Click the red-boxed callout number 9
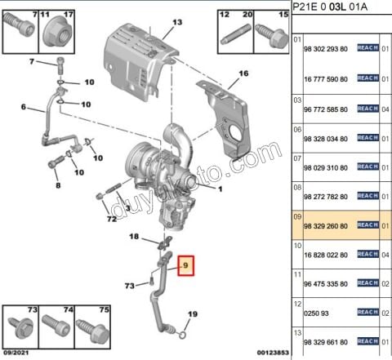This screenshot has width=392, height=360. click(x=187, y=265)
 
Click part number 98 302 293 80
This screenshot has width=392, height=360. click(x=327, y=49)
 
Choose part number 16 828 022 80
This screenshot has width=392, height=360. click(x=327, y=254)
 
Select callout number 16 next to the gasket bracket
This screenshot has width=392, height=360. click(x=242, y=73)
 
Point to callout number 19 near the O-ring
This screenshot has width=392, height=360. click(x=193, y=314)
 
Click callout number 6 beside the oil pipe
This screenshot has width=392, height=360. click(x=24, y=107)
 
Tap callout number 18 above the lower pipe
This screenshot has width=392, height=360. click(x=136, y=236)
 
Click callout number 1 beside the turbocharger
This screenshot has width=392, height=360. click(x=219, y=188)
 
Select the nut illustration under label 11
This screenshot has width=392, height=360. click(x=57, y=33)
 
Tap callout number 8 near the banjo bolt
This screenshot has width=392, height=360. click(x=58, y=186)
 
